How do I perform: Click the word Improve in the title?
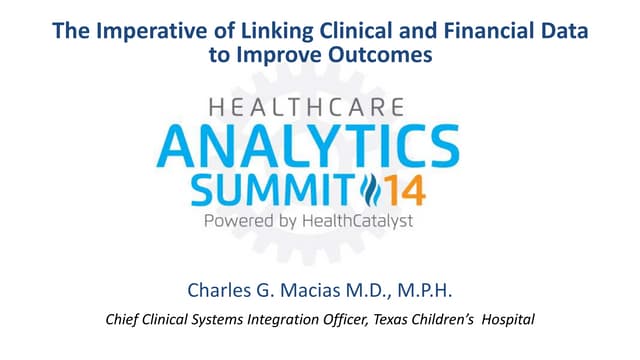pyautogui.click(x=289, y=56)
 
